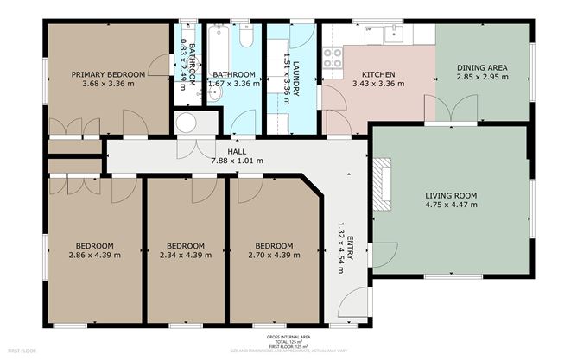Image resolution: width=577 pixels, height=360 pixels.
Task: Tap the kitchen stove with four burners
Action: [333, 58]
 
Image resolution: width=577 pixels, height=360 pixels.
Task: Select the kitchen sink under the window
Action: [396, 33]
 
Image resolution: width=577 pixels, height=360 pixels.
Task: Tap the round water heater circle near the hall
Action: [187, 123]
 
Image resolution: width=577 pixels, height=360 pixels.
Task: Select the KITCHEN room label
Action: [378, 75]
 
